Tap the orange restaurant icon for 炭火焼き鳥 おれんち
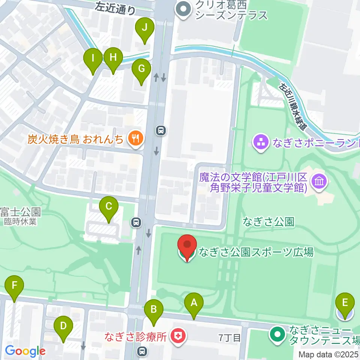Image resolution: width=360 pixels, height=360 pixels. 135,139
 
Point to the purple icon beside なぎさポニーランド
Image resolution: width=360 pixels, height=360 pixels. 261,142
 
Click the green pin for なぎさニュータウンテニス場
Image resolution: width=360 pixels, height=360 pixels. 278,334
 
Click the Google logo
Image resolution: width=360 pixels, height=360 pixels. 25,351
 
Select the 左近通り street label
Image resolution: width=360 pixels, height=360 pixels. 115,8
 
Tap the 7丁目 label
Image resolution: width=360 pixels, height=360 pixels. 229,338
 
